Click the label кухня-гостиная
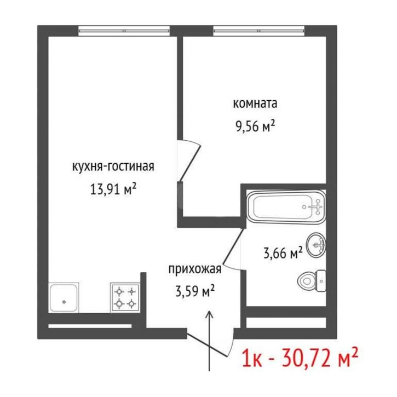[113, 167]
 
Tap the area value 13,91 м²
[113, 189]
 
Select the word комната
[255, 103]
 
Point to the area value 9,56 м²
[255, 126]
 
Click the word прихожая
[195, 269]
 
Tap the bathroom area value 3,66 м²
[283, 252]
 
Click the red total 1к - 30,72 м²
[300, 358]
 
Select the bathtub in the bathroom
[286, 207]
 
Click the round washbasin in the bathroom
[316, 245]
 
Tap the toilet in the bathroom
[312, 280]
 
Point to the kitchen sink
[64, 298]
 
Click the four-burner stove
[125, 297]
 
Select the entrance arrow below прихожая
[209, 341]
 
